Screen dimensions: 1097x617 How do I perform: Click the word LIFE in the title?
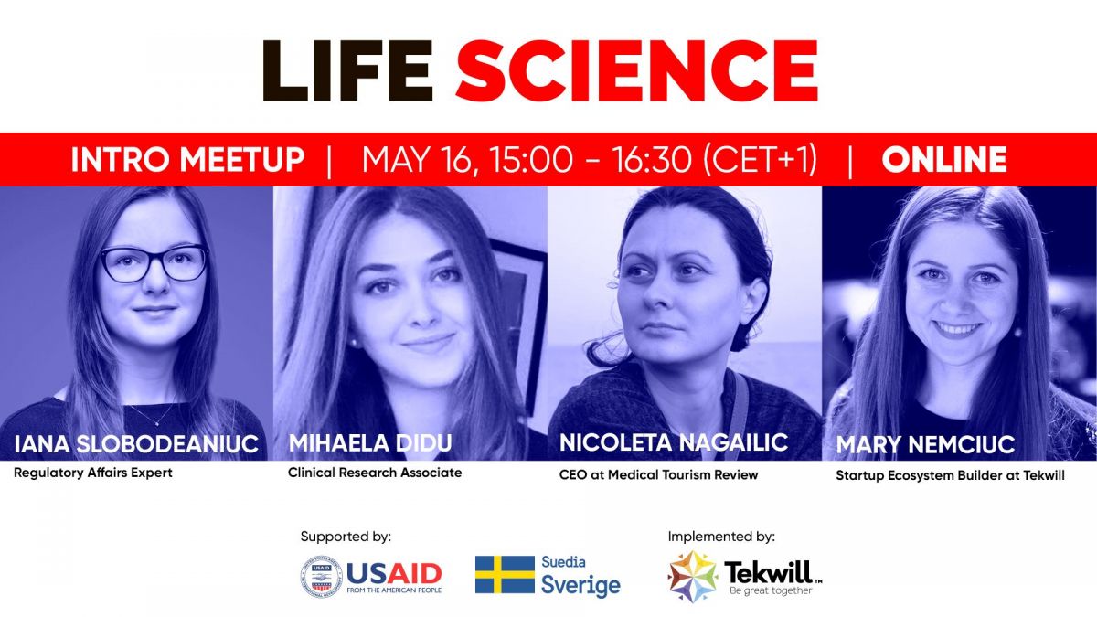(347, 70)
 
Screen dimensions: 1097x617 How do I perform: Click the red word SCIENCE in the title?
(636, 70)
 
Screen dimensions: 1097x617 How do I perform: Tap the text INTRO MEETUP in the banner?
(187, 160)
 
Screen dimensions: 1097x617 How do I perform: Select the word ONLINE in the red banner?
(943, 160)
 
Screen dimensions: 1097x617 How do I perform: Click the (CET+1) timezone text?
(760, 160)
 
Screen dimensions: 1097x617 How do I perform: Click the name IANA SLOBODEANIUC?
(136, 444)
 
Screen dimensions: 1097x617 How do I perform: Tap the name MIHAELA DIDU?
(370, 443)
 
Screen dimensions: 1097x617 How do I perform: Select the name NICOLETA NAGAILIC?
(674, 442)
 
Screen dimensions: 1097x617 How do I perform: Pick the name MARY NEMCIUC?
(925, 444)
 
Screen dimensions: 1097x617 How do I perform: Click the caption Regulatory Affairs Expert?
(93, 473)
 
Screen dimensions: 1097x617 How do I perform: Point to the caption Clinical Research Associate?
(375, 473)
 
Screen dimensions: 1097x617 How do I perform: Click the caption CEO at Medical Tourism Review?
(659, 474)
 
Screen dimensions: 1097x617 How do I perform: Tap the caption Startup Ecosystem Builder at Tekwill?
(950, 475)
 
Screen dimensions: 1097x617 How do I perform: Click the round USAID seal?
(321, 577)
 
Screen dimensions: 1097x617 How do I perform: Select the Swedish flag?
(505, 574)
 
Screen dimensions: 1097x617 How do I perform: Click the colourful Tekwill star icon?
(693, 577)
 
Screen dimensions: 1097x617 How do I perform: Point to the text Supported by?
(346, 537)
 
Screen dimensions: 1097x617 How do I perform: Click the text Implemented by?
(721, 537)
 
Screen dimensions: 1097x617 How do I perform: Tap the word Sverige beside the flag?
(580, 585)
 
